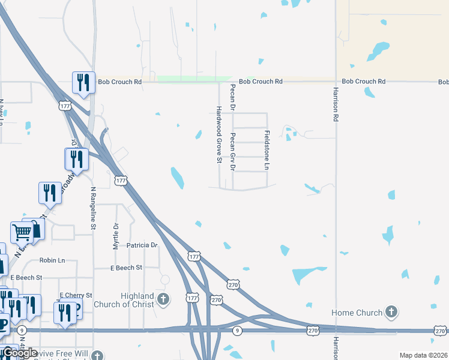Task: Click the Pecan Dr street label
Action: tap(232, 97)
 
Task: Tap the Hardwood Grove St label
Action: tap(219, 135)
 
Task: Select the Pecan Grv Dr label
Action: tap(233, 151)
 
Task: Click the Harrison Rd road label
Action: tap(336, 106)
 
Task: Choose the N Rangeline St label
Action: tap(93, 208)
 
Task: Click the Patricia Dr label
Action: tap(142, 245)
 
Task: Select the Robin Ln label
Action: tap(52, 261)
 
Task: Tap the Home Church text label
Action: tap(357, 313)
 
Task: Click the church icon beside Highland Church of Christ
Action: tap(163, 299)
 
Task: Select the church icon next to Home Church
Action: tap(391, 311)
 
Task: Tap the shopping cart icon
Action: tap(22, 231)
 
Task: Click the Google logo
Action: tap(20, 353)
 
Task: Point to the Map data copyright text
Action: tap(423, 355)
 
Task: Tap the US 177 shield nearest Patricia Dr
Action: tap(193, 256)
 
